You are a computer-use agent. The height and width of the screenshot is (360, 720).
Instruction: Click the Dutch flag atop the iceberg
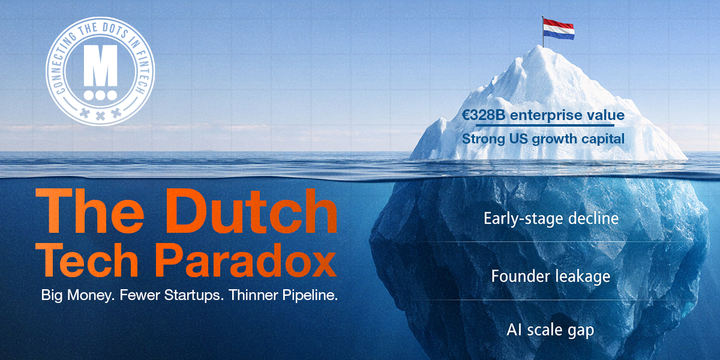(x=557, y=28)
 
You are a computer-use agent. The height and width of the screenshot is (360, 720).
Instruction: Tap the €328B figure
(x=484, y=115)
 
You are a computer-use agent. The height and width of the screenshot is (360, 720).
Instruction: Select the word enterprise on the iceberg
(x=548, y=115)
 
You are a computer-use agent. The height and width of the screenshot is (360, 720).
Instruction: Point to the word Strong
(x=484, y=139)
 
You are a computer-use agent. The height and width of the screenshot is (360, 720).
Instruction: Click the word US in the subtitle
(x=524, y=139)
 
